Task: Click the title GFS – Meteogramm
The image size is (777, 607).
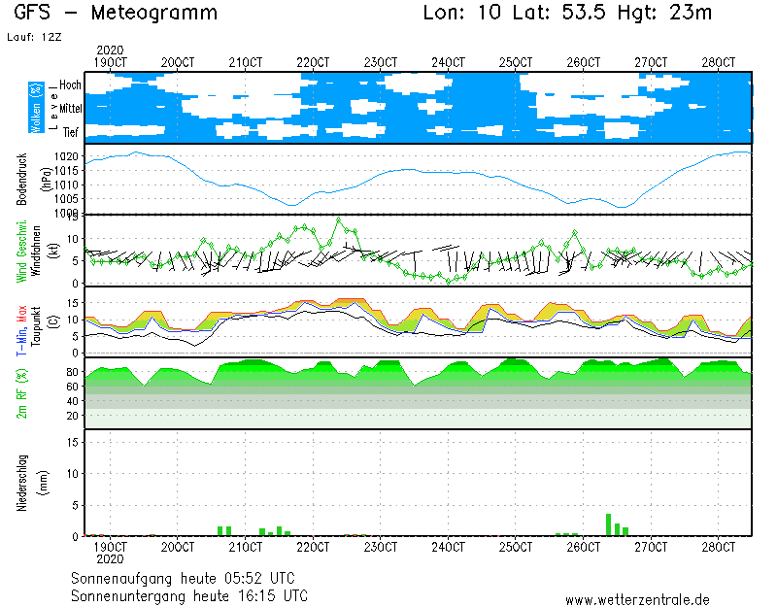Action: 116,14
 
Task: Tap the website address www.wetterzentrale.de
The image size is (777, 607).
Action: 637,601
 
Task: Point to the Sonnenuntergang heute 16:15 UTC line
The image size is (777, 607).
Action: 189,595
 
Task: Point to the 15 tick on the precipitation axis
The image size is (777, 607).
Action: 73,442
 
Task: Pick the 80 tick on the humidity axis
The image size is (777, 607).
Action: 73,372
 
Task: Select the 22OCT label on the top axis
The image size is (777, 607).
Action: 313,62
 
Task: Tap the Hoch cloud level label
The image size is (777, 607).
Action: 70,85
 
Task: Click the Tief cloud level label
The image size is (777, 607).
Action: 71,132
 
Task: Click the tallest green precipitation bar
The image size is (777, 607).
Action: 609,524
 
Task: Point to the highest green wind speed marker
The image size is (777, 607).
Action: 339,219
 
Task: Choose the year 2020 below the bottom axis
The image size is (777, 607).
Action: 110,559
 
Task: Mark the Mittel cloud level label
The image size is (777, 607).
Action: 71,109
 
